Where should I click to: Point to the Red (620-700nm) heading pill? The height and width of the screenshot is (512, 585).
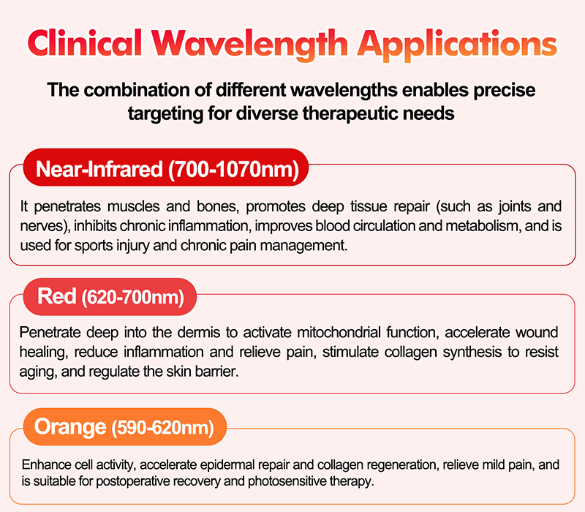[110, 297]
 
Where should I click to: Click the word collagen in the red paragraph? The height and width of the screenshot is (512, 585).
[386, 353]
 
